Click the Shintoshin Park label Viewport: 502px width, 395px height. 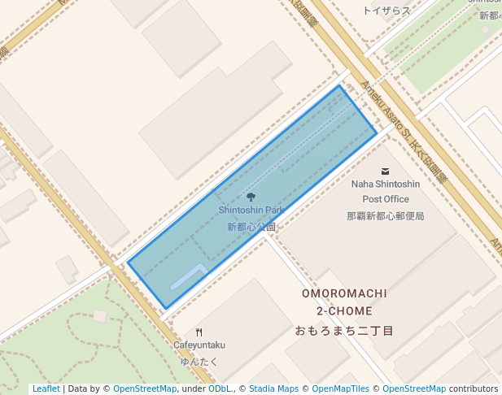click(x=251, y=211)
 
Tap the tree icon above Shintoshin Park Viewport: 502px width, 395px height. click(x=251, y=197)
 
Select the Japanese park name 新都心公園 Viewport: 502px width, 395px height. click(x=251, y=228)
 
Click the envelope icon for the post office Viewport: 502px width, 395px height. click(x=385, y=171)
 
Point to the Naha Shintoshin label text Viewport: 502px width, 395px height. click(x=386, y=184)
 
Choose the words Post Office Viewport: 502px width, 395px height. click(x=386, y=199)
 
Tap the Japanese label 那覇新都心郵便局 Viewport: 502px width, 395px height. click(x=386, y=216)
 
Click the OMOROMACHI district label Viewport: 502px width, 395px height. click(x=344, y=293)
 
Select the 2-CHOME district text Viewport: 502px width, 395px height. click(x=344, y=311)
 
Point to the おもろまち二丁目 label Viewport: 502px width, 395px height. click(x=344, y=331)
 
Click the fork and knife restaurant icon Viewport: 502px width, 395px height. click(x=199, y=332)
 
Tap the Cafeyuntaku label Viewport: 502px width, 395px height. click(x=199, y=345)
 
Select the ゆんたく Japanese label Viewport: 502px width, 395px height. click(x=199, y=361)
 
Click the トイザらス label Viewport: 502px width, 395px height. click(x=386, y=10)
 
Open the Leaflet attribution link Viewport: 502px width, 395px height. click(x=46, y=388)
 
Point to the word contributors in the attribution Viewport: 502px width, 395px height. click(x=474, y=388)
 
